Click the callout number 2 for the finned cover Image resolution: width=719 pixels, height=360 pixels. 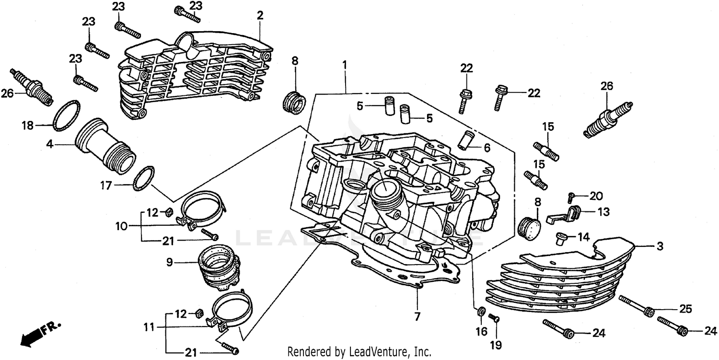260,15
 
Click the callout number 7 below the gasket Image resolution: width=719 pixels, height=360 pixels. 417,316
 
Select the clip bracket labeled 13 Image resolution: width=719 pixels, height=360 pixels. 566,214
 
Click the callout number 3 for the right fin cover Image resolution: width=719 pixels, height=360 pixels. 660,247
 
